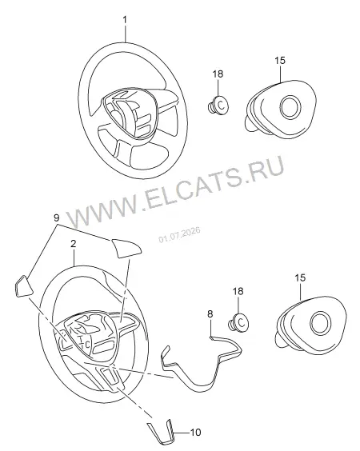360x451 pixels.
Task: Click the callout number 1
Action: tap(125, 20)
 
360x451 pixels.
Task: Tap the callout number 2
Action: tap(74, 244)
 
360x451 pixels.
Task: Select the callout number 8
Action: tap(210, 313)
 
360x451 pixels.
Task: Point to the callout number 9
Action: tap(57, 218)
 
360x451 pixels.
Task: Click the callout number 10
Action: tap(196, 433)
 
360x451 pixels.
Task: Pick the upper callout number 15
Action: tap(280, 61)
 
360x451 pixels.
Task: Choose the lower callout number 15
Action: tap(300, 277)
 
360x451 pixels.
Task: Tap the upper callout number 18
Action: tap(218, 74)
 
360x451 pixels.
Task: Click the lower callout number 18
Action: tap(238, 291)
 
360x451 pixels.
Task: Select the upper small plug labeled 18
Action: tap(218, 106)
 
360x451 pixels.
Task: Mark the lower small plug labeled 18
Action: tap(238, 322)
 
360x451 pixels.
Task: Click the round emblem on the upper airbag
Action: tap(291, 107)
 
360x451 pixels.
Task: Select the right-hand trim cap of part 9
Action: tap(126, 248)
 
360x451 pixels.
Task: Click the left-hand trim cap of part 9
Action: tap(23, 286)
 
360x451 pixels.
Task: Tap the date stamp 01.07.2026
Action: tap(179, 235)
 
